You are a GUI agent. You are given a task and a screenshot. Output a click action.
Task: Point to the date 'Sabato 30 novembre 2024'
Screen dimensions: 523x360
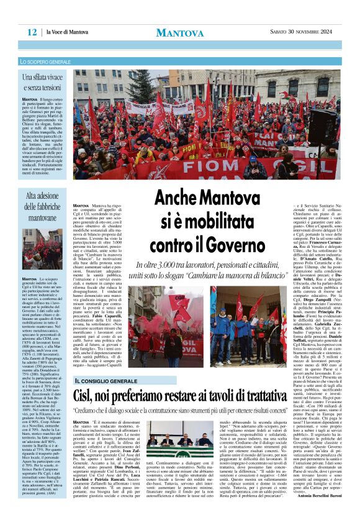coord(297,32)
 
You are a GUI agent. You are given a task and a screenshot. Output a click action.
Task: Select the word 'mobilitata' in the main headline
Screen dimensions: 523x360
coord(229,219)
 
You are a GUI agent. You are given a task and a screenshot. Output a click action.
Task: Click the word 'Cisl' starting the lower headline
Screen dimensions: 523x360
coord(87,380)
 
